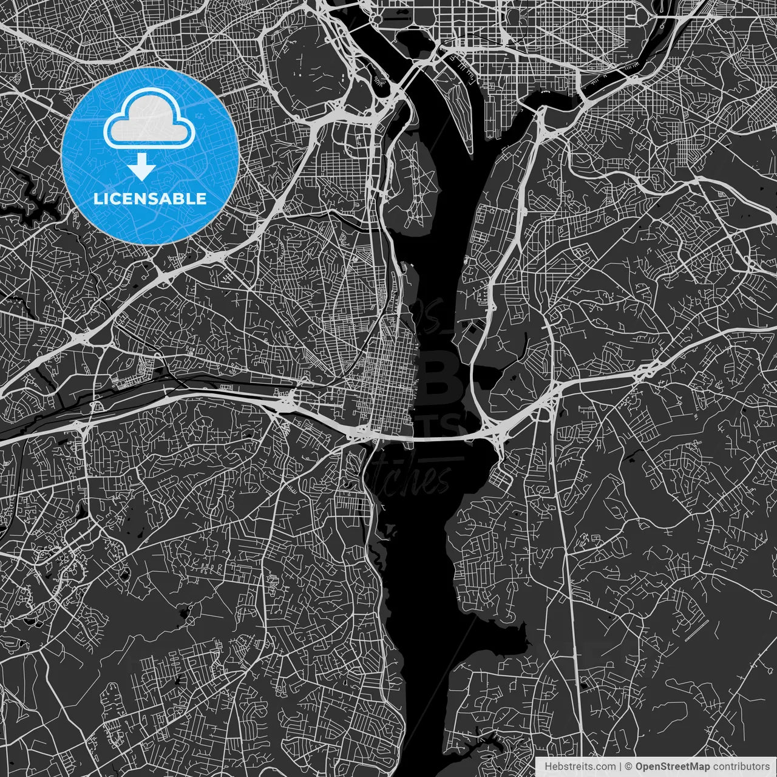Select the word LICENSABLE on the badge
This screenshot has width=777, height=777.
pyautogui.click(x=149, y=198)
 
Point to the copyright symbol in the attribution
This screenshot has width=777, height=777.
pyautogui.click(x=629, y=767)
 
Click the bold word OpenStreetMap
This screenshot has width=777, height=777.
pyautogui.click(x=672, y=767)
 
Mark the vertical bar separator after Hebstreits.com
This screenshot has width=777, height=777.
pyautogui.click(x=620, y=767)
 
